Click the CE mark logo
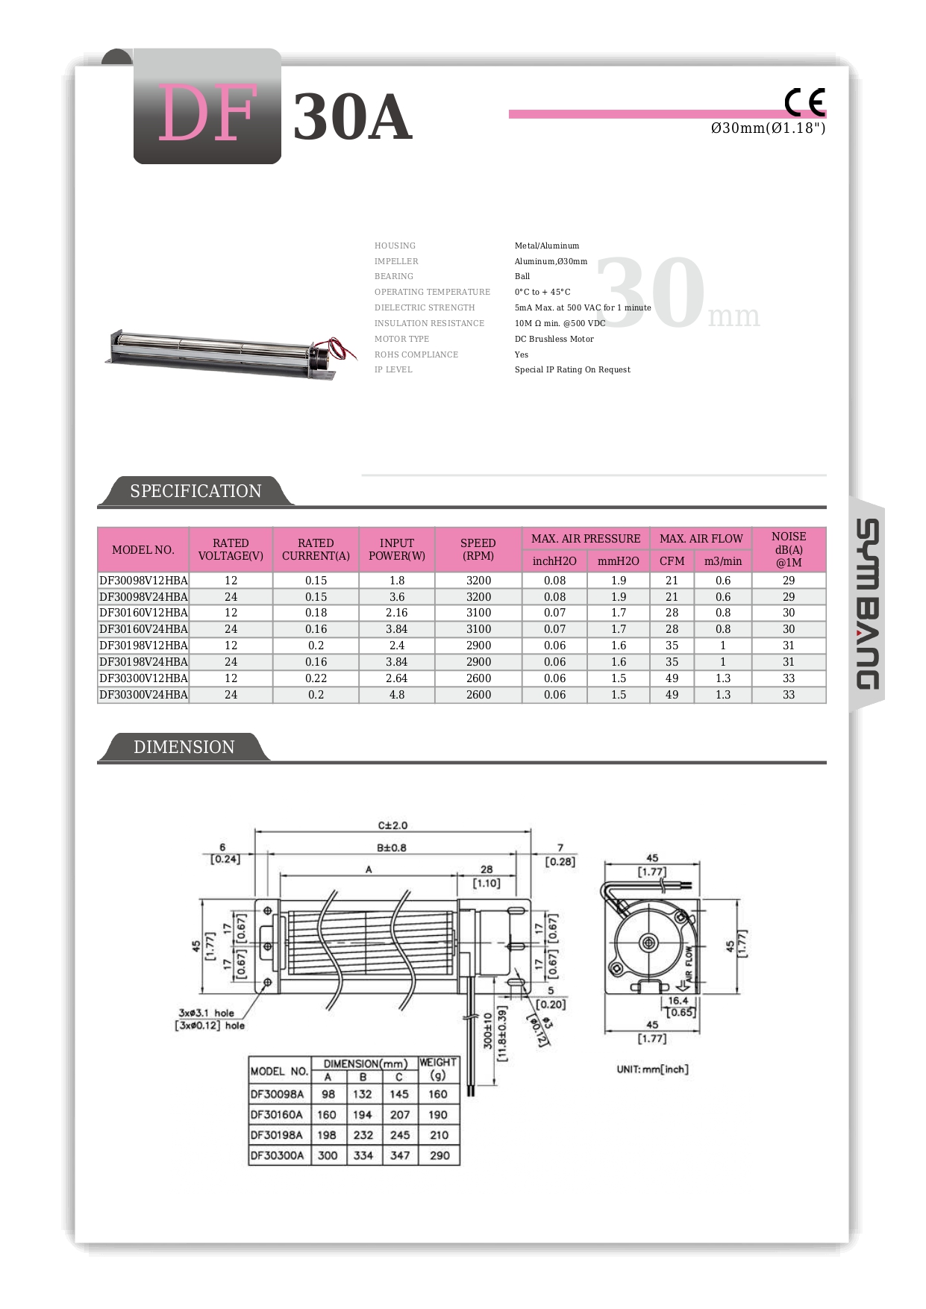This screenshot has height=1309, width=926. click(x=804, y=102)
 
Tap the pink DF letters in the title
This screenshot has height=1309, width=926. click(x=208, y=113)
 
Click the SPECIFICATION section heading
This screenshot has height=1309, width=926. click(x=195, y=491)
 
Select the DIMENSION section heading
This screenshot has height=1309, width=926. click(x=184, y=747)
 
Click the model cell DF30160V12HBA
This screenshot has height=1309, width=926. click(x=143, y=613)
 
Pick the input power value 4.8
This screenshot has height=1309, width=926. click(x=397, y=695)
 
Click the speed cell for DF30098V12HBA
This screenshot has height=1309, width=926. click(x=478, y=581)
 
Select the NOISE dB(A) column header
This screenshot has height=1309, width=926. click(x=788, y=549)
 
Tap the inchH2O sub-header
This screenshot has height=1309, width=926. click(x=554, y=561)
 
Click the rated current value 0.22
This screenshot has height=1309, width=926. click(x=316, y=678)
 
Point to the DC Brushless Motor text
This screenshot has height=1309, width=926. click(x=554, y=339)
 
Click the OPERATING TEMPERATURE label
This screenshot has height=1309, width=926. click(x=432, y=292)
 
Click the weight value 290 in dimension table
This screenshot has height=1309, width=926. click(x=439, y=1155)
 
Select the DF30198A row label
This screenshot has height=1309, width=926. click(x=277, y=1135)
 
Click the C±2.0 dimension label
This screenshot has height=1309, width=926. click(x=392, y=825)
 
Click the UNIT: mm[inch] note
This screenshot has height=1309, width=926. click(x=652, y=1069)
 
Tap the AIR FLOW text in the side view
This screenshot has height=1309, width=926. click(x=689, y=963)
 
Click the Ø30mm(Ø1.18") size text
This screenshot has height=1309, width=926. click(x=768, y=128)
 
